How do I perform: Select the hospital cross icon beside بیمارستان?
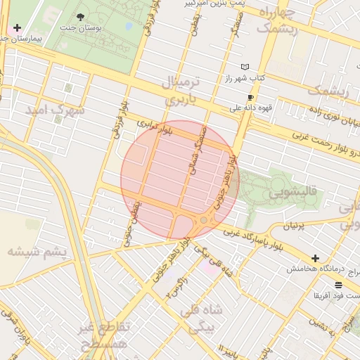pyautogui.click(x=17, y=27)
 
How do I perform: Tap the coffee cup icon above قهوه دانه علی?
pyautogui.click(x=250, y=98)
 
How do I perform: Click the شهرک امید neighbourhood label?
pyautogui.click(x=54, y=110)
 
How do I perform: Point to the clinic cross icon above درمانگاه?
pyautogui.click(x=315, y=259)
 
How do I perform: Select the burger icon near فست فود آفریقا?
pyautogui.click(x=339, y=285)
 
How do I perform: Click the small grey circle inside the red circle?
pyautogui.click(x=204, y=220)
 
